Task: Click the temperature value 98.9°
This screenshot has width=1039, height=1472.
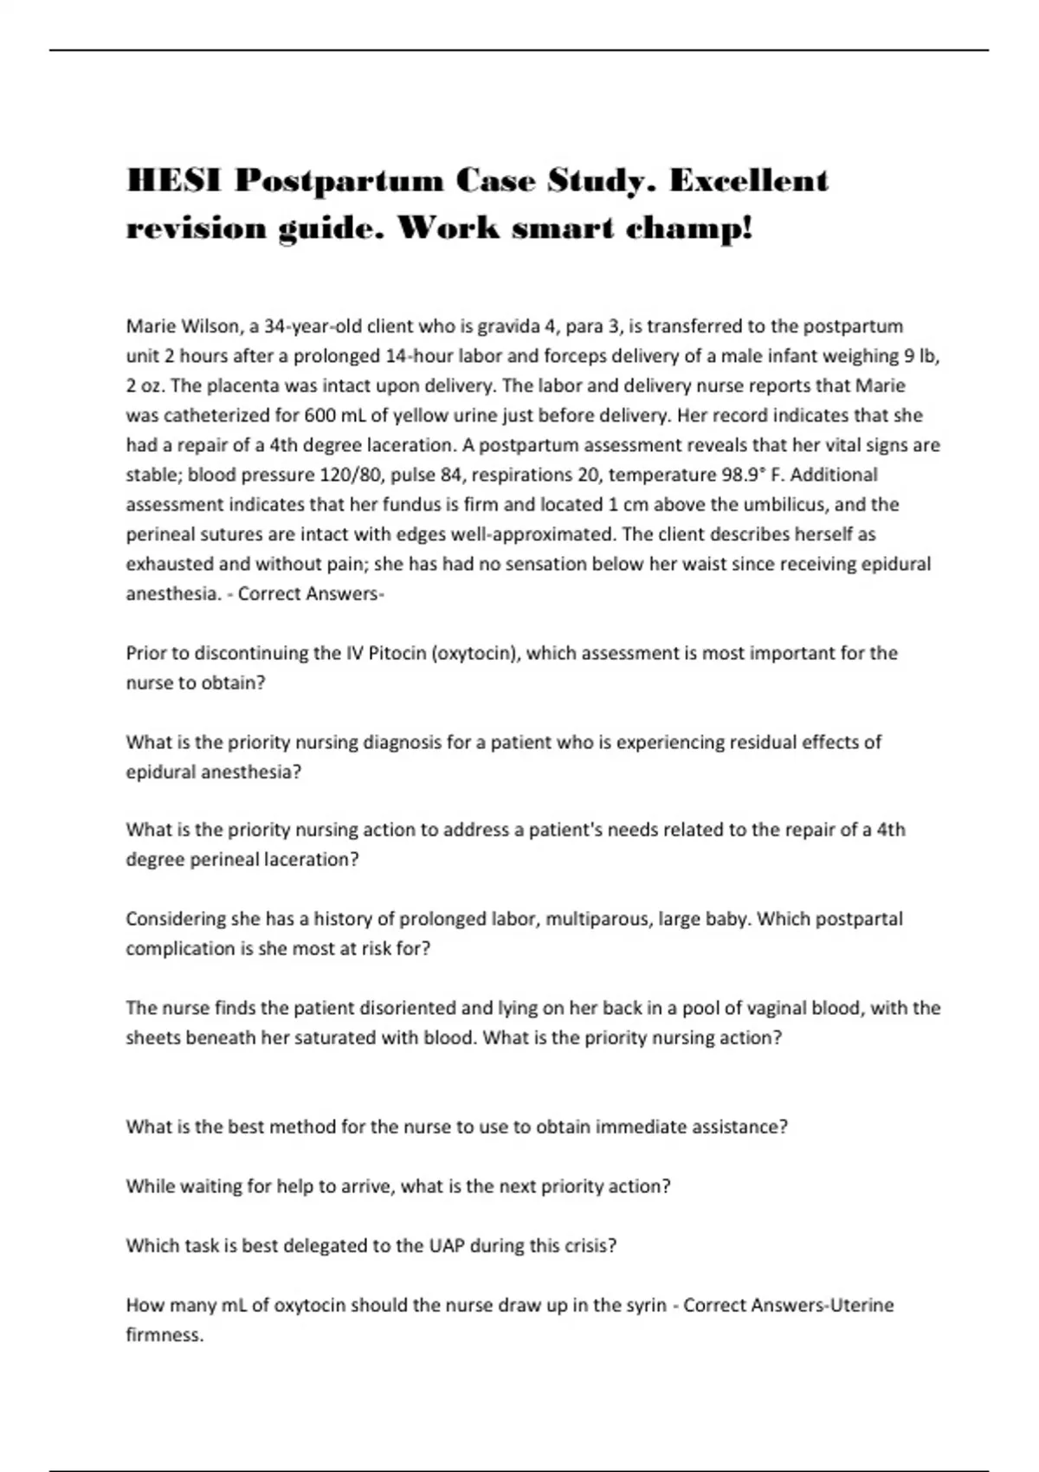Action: (x=744, y=475)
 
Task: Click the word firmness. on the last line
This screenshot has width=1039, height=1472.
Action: (x=165, y=1334)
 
